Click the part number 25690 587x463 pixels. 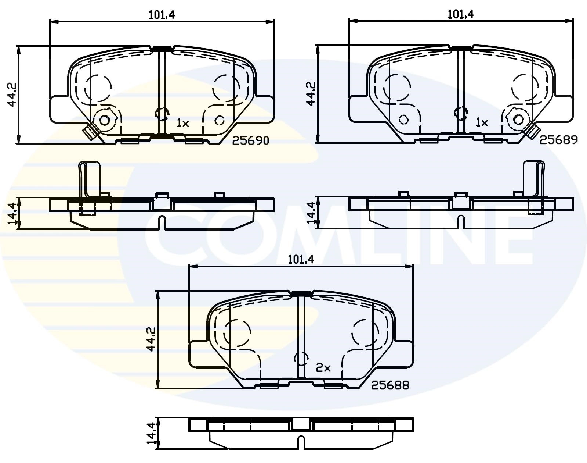point(251,141)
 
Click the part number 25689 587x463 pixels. point(558,140)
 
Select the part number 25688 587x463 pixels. point(390,385)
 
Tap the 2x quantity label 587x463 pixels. point(323,368)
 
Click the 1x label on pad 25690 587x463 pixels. point(182,123)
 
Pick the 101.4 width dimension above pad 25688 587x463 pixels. point(301,260)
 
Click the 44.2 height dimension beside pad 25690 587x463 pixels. point(12,95)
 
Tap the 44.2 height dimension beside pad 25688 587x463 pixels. point(151,339)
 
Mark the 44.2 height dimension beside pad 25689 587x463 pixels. point(311,94)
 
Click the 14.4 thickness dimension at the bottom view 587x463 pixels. point(151,433)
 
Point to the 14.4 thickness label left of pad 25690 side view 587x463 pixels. point(12,213)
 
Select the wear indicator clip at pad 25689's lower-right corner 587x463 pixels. point(534,131)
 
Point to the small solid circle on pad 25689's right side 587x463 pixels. point(519,120)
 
